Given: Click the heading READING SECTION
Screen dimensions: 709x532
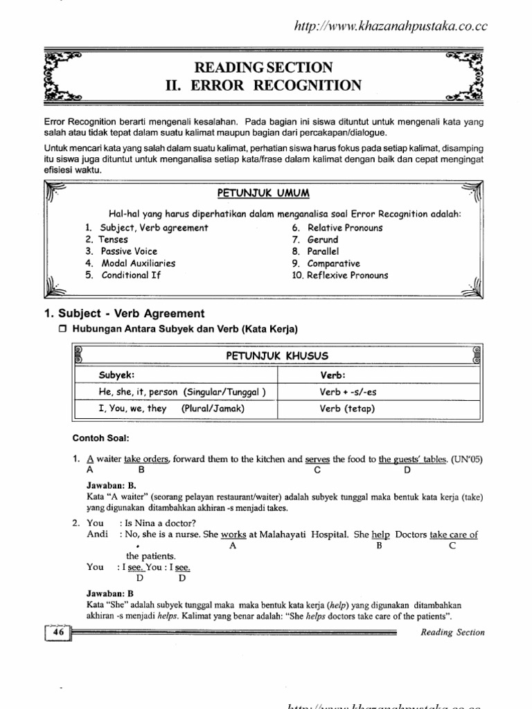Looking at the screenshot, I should [x=263, y=67].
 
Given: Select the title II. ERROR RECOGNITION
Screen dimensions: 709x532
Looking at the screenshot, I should [x=263, y=85].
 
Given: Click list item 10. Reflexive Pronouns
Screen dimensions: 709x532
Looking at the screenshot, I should [x=339, y=275].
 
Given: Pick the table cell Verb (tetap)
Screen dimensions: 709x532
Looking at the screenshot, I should [x=346, y=409].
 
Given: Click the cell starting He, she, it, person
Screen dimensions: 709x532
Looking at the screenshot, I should [x=182, y=392].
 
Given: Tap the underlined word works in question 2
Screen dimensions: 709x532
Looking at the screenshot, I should [x=233, y=535].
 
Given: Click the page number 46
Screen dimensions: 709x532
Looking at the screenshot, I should [x=57, y=631].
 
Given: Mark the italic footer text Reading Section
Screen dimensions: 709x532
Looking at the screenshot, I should [x=453, y=632].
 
